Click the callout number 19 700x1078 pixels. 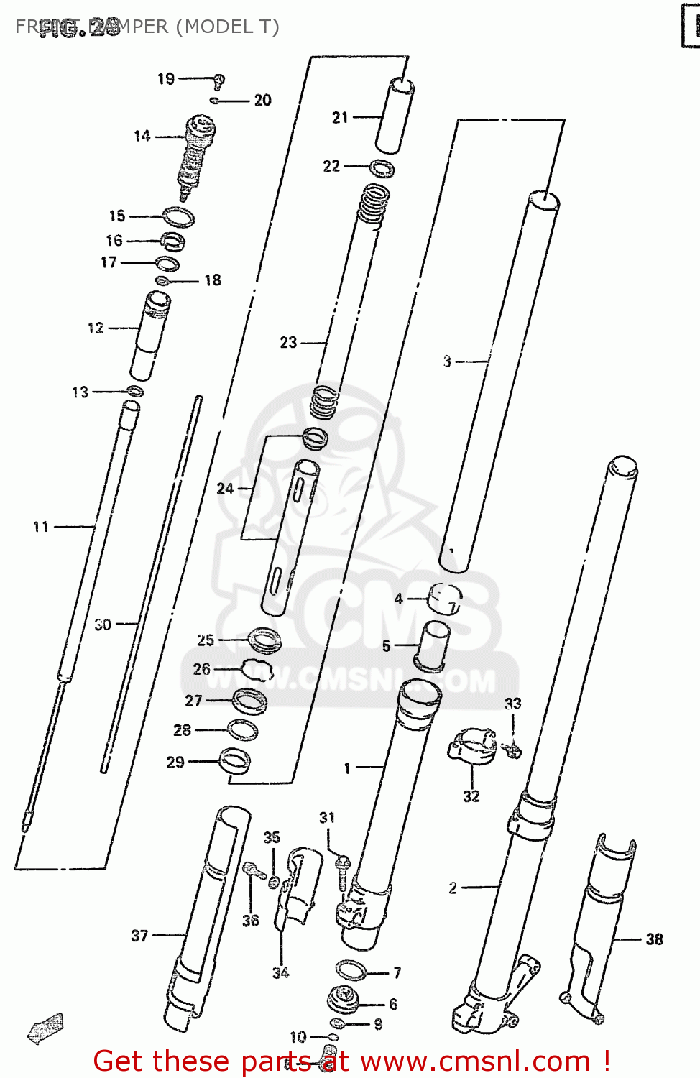pos(166,78)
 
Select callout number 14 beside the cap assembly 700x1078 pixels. pos(142,136)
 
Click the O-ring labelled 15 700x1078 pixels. pos(178,216)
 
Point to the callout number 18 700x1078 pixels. pos(213,280)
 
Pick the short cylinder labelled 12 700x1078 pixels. pos(150,334)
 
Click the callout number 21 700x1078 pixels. pos(340,117)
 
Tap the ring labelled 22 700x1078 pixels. pos(382,169)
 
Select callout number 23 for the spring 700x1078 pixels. pos(288,343)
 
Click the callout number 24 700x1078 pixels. pos(226,489)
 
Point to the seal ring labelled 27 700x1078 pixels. pos(249,701)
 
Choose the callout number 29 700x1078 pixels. pos(175,763)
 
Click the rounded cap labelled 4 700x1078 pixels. pos(445,599)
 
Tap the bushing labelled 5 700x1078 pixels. pos(434,645)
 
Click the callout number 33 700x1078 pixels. pos(512,704)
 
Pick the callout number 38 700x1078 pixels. pos(654,939)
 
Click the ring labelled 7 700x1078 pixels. pos(351,971)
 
